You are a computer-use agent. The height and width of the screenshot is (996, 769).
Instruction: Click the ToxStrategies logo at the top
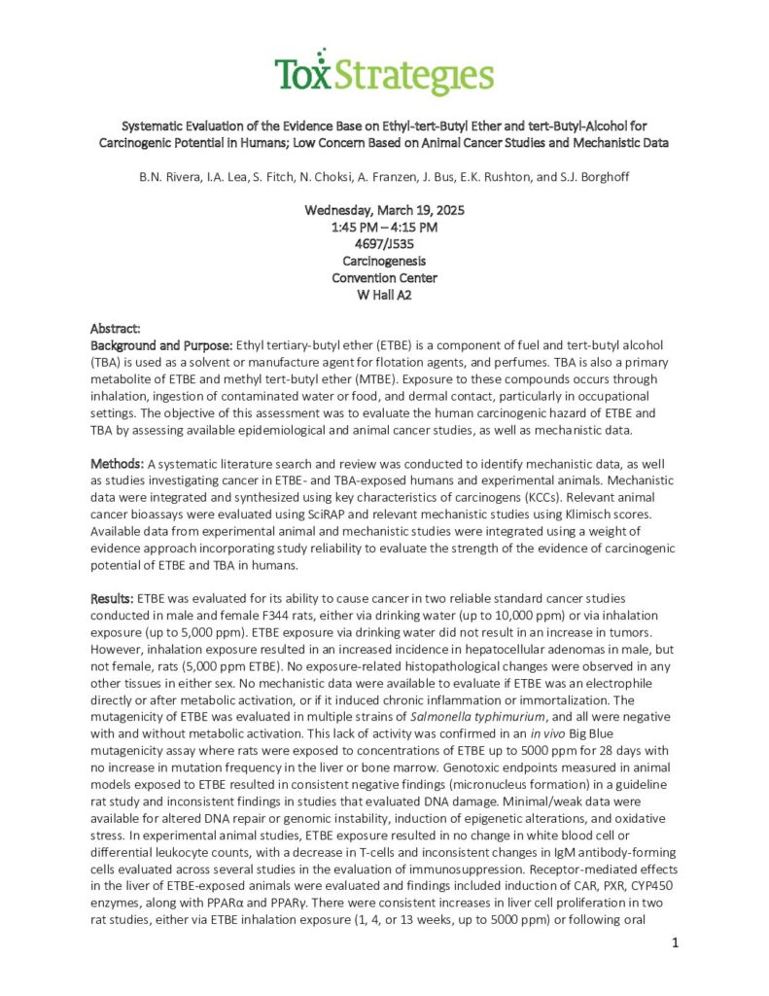coord(384,73)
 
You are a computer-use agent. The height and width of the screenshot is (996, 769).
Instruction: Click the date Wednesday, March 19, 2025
coord(384,210)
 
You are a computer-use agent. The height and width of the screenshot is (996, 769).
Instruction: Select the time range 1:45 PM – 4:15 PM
coord(384,228)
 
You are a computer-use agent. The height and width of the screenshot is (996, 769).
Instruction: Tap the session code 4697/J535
coord(384,244)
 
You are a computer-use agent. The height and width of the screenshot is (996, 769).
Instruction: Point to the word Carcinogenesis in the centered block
coord(384,261)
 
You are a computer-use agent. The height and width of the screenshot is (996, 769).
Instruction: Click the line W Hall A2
coord(384,295)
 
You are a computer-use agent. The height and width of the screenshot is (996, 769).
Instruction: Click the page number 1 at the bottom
coord(676,943)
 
